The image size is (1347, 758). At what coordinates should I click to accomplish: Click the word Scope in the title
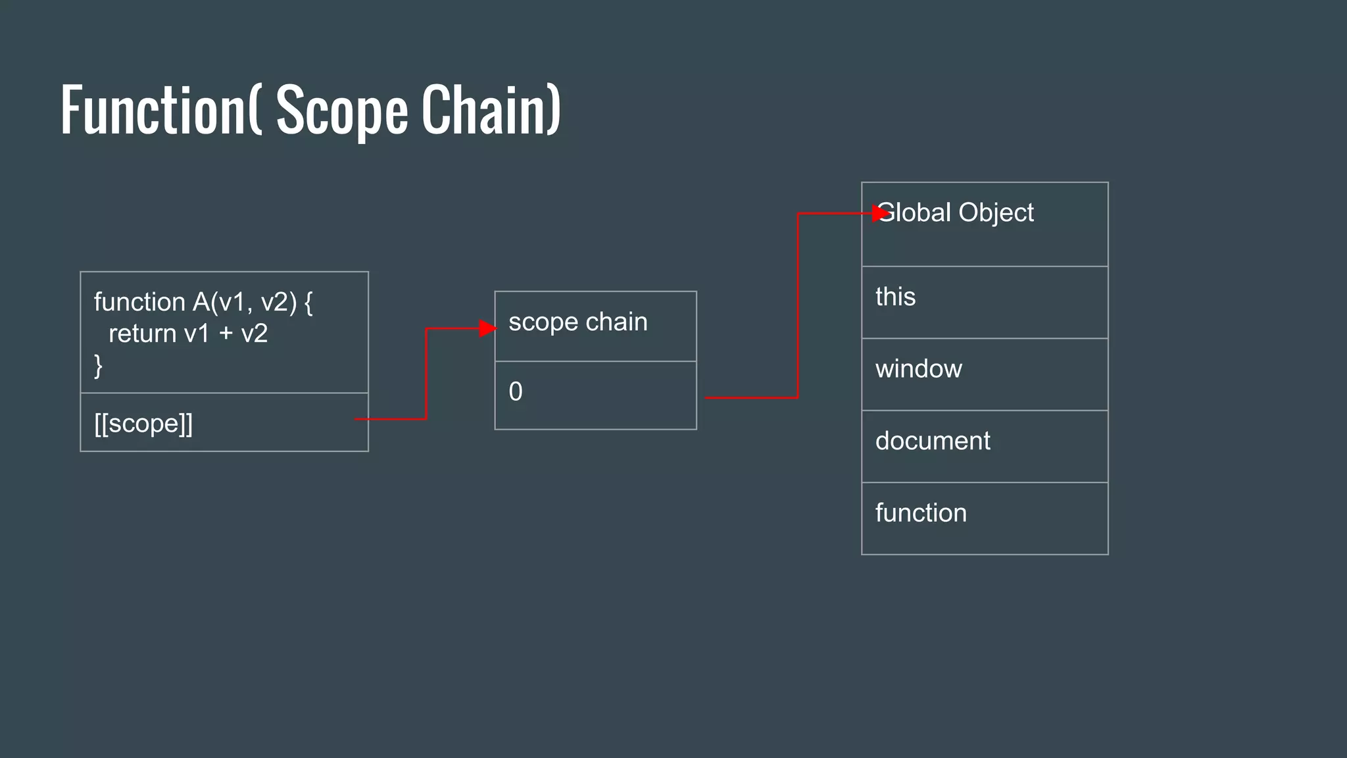click(x=342, y=111)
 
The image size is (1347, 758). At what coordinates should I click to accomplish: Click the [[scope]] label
click(x=143, y=424)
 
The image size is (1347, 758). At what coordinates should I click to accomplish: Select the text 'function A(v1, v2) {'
click(x=203, y=302)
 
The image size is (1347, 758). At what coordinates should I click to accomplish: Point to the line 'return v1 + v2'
click(x=188, y=334)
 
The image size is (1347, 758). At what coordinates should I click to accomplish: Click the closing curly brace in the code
click(x=99, y=365)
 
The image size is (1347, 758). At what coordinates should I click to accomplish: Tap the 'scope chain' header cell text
click(x=577, y=322)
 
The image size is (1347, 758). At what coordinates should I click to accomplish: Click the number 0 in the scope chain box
click(x=516, y=392)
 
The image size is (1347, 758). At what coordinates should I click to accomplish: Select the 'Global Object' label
click(x=956, y=213)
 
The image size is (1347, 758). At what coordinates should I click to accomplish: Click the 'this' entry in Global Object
click(x=895, y=297)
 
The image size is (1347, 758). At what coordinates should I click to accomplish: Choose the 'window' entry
click(x=918, y=369)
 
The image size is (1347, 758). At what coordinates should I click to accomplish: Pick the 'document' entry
click(x=932, y=441)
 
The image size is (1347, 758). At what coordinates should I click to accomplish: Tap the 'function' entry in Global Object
click(x=921, y=513)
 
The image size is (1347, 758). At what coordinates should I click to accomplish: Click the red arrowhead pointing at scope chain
click(x=487, y=328)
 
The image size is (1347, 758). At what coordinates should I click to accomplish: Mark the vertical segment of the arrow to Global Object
click(x=798, y=306)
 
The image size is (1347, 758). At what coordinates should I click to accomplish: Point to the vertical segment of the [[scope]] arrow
click(x=426, y=374)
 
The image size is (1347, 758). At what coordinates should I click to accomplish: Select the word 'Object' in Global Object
click(x=996, y=213)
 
